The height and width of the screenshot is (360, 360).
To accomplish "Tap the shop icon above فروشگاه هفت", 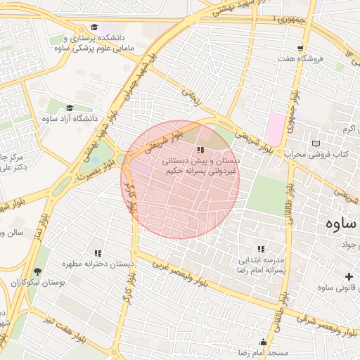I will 300,49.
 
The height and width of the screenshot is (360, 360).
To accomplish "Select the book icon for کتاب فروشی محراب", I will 314,143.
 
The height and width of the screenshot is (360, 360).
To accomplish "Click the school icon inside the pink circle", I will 200,150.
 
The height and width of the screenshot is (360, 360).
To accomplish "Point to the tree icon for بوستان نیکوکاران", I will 37,271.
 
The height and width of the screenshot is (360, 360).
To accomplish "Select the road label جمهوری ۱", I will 294,18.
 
